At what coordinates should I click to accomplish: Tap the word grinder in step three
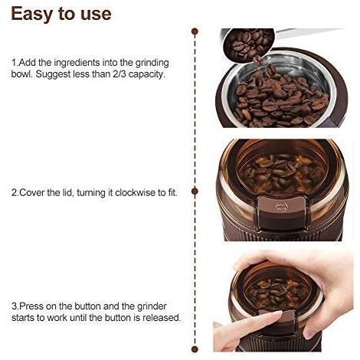pyautogui.click(x=152, y=306)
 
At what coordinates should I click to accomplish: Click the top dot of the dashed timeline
pyautogui.click(x=195, y=31)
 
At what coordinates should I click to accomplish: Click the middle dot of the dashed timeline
pyautogui.click(x=195, y=191)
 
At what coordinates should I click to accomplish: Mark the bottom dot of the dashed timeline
pyautogui.click(x=195, y=349)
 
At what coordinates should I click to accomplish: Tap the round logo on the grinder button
pyautogui.click(x=280, y=207)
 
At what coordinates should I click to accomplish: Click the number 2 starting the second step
pyautogui.click(x=14, y=193)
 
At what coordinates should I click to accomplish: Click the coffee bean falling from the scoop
pyautogui.click(x=257, y=61)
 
